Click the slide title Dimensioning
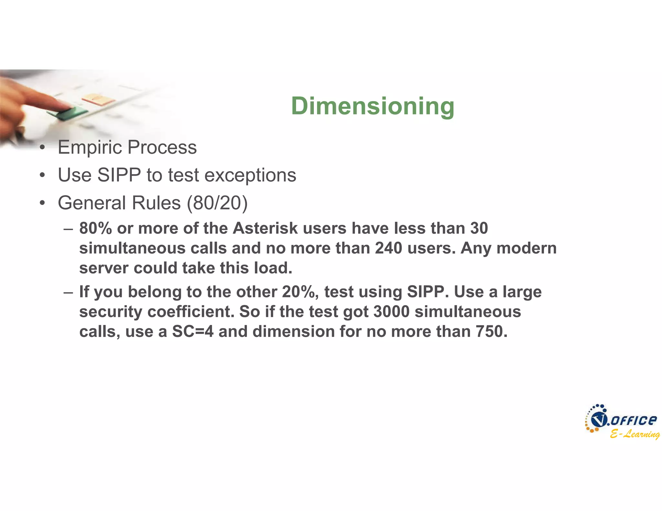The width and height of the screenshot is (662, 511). (x=373, y=106)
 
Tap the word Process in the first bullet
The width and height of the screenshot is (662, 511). (x=162, y=148)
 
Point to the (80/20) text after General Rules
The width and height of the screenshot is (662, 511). (x=217, y=203)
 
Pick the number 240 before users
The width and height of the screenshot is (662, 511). (x=389, y=248)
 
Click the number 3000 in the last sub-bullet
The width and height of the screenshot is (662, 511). (x=391, y=312)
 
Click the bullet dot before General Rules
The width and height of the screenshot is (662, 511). (x=42, y=203)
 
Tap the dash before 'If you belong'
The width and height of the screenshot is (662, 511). (x=68, y=292)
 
